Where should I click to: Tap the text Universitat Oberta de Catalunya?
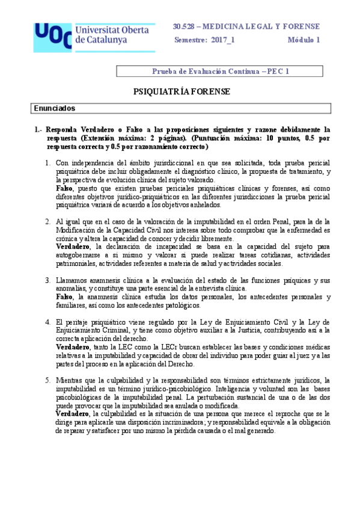click(114, 34)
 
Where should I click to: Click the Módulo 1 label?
click(304, 40)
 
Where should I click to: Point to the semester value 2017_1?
click(223, 40)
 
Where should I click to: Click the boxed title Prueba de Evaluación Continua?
click(221, 71)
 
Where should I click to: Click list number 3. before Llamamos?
click(49, 280)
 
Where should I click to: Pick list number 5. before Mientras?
click(49, 380)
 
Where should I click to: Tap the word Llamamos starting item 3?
click(74, 280)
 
